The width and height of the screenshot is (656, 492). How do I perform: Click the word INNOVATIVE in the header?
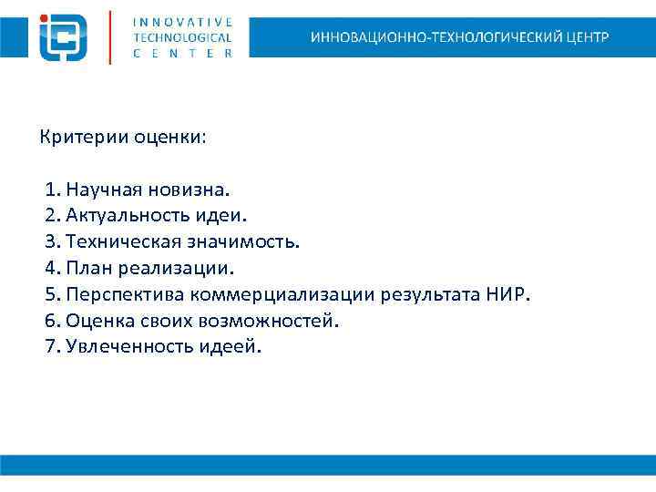click(x=182, y=21)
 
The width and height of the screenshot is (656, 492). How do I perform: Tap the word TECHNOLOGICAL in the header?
click(x=182, y=37)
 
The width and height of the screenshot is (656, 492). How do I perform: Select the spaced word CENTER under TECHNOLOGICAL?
click(x=182, y=54)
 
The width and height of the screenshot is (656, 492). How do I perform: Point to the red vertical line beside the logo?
click(x=110, y=36)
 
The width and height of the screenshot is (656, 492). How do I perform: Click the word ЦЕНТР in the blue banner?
click(x=586, y=37)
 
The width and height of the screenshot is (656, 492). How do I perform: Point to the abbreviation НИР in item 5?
click(x=511, y=295)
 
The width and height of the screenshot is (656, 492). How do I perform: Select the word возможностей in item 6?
click(x=281, y=321)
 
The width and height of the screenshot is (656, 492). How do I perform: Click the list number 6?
click(x=50, y=321)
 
